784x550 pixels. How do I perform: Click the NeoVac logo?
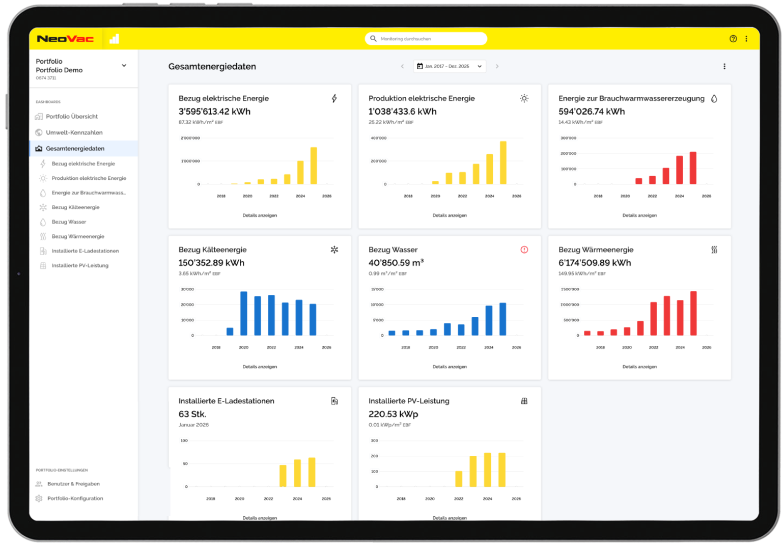coord(66,39)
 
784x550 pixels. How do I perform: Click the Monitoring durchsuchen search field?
coord(426,39)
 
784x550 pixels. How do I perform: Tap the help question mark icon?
coord(733,39)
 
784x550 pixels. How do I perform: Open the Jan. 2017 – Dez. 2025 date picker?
coord(450,66)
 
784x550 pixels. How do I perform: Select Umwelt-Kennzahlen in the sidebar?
coord(74,132)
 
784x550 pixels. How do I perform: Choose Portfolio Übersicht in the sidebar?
coord(72,116)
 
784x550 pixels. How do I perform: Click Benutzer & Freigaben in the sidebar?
coord(73,483)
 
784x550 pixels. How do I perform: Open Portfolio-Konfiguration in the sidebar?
coord(75,498)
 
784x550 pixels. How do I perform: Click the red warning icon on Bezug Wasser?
coord(524,250)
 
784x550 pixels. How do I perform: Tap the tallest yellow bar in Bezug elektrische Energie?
coord(314,166)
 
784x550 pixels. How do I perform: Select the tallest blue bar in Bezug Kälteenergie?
coord(243,313)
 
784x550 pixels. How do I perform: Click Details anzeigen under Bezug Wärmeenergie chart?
coord(639,367)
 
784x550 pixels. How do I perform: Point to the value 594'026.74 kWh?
coord(592,112)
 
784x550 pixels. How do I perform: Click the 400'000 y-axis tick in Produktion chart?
coord(378,138)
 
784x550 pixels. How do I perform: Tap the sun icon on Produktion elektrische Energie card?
coord(524,98)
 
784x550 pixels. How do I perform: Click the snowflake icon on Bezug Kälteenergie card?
coord(334,250)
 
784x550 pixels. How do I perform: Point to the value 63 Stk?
coord(192,414)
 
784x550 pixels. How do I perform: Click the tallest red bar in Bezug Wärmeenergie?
coord(693,313)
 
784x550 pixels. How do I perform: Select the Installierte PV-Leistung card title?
coord(409,401)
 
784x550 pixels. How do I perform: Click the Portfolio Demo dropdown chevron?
coord(124,66)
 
